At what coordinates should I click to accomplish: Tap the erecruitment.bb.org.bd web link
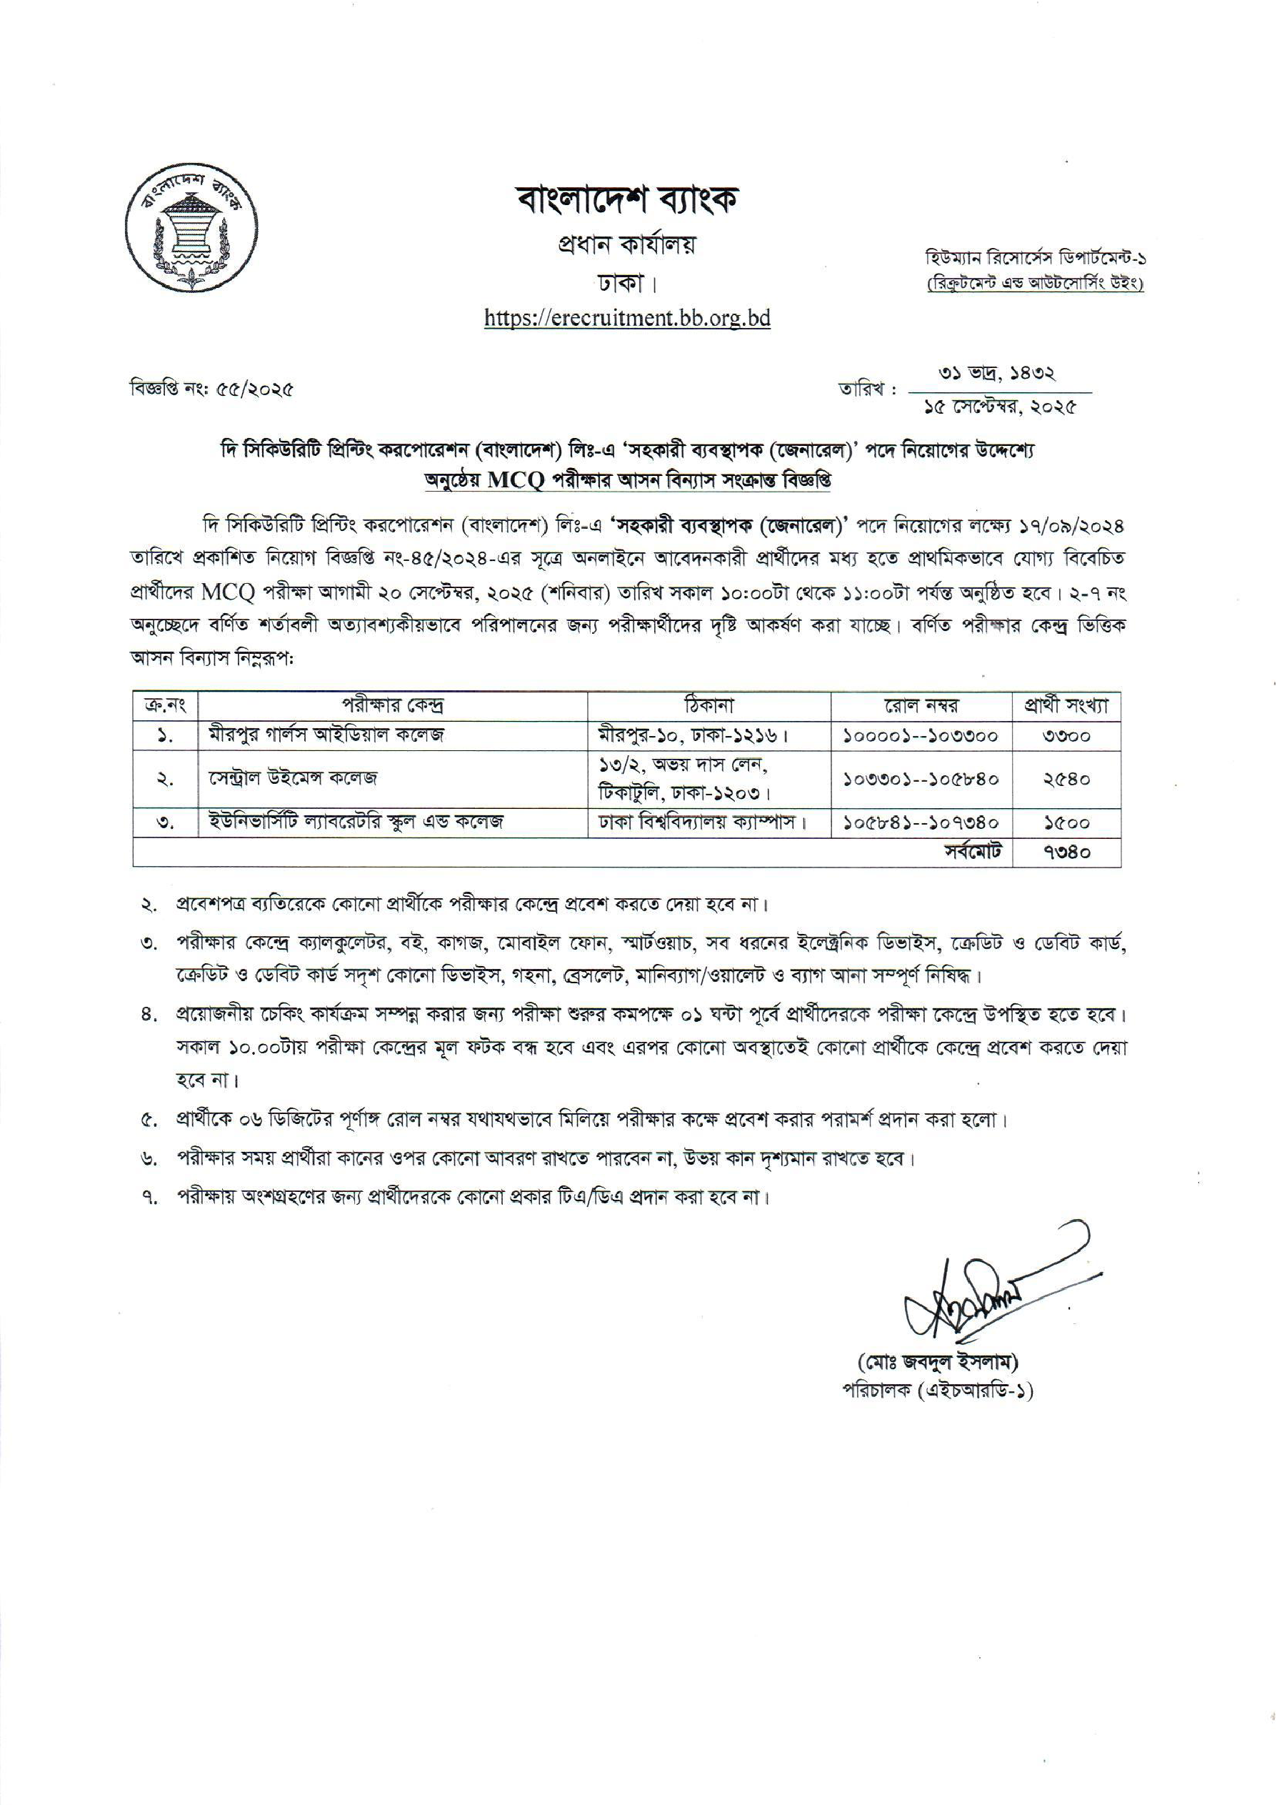[x=626, y=318]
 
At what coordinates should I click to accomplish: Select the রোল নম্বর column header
[x=921, y=705]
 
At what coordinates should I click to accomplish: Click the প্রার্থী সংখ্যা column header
[x=1066, y=705]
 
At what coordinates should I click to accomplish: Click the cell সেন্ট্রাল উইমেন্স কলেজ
[x=293, y=779]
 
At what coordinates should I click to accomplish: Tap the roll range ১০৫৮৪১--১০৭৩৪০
[x=921, y=822]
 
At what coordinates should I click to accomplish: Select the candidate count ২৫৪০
[x=1066, y=779]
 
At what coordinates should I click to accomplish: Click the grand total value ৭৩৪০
[x=1066, y=851]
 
